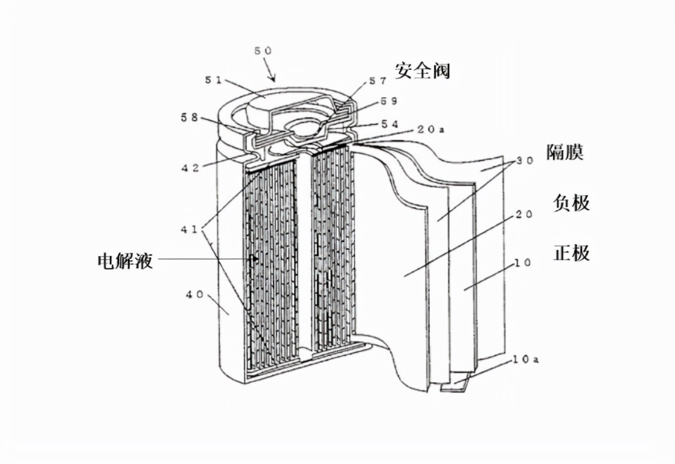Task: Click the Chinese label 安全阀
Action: [x=422, y=71]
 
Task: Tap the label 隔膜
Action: [x=564, y=152]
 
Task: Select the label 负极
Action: [x=571, y=203]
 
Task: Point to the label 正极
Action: [x=571, y=253]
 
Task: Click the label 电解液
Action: [x=125, y=261]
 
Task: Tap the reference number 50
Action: [x=263, y=51]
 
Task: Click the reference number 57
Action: [x=378, y=81]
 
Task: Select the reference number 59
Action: [x=389, y=101]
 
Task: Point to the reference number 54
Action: [x=390, y=124]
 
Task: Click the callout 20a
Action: [x=431, y=130]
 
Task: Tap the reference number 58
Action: [x=189, y=117]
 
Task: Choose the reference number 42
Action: [x=190, y=168]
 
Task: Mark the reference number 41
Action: [x=189, y=230]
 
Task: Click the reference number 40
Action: [x=195, y=294]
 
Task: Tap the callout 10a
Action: [x=525, y=360]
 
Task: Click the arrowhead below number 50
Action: [x=273, y=79]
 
